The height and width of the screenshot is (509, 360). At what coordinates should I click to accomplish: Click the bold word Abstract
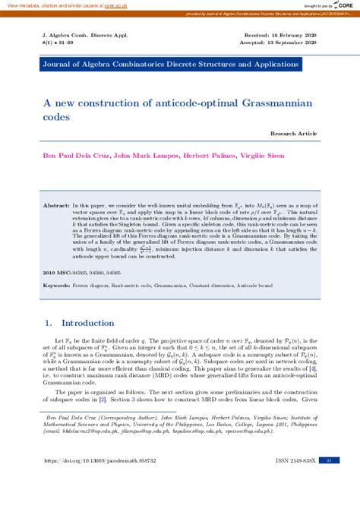56,206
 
